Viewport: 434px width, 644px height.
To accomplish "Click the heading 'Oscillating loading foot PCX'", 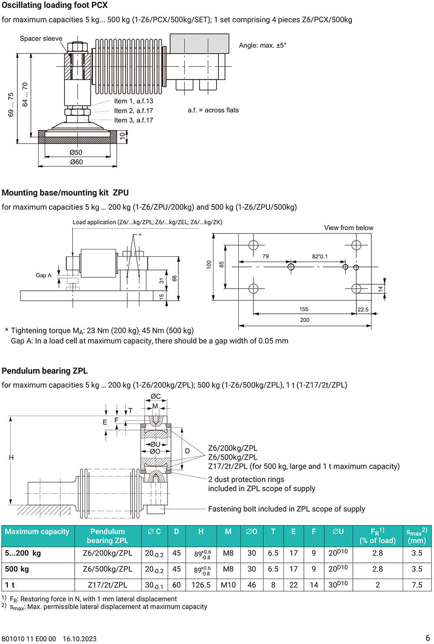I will click(55, 5).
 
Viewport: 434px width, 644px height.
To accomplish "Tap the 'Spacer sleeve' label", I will click(41, 39).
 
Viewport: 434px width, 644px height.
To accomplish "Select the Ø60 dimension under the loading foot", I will click(76, 162).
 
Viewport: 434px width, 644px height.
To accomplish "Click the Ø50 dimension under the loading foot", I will click(76, 152).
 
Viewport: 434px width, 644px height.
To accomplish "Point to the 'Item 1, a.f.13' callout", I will click(133, 101).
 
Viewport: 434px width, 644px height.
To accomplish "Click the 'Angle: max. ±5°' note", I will click(263, 46).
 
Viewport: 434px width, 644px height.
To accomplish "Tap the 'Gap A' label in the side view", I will click(43, 275).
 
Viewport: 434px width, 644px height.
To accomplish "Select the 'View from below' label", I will click(349, 228).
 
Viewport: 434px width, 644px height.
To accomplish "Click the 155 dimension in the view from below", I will click(304, 309).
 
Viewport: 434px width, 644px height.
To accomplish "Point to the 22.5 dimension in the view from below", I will click(363, 309).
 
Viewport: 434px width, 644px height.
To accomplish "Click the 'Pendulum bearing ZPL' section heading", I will click(45, 371).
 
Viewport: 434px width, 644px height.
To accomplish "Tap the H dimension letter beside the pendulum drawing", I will click(11, 457).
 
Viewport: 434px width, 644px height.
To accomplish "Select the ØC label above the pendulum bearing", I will click(155, 396).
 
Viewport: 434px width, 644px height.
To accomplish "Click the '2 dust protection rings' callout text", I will click(246, 480).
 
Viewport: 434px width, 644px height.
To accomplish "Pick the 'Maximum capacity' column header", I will click(37, 532).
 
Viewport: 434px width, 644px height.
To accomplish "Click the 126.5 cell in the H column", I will click(201, 585).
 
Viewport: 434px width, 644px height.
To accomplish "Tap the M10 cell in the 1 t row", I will click(228, 585).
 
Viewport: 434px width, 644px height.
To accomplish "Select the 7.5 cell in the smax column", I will click(417, 585).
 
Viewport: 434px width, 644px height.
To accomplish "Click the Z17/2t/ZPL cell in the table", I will click(108, 585).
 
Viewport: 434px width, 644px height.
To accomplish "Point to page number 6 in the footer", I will click(427, 638).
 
